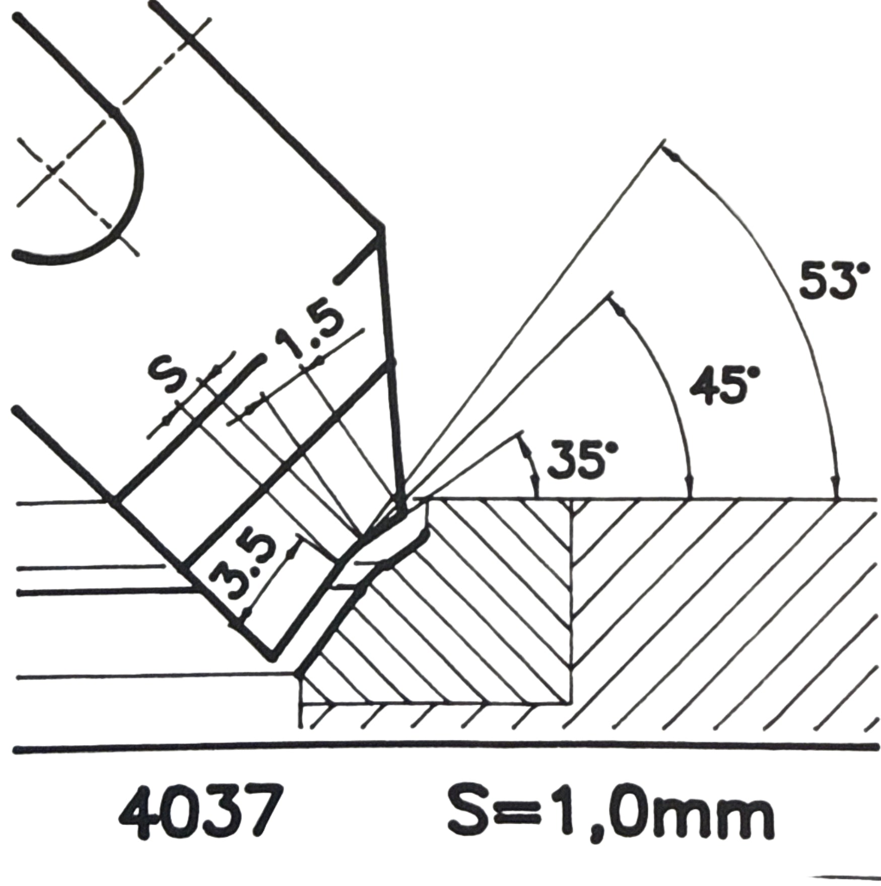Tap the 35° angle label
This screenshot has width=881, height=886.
pos(583,459)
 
